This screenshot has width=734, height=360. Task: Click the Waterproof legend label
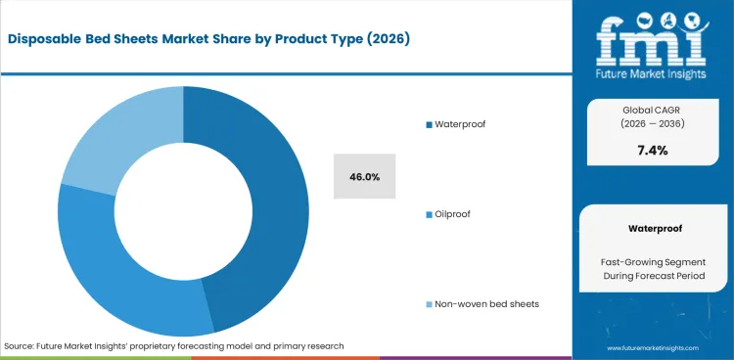(459, 124)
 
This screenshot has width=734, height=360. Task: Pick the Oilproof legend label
(451, 213)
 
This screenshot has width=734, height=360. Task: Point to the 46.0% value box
(364, 177)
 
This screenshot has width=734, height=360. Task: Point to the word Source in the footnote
(20, 346)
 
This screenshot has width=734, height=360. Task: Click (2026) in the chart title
(388, 40)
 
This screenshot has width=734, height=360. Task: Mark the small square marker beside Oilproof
(428, 213)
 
